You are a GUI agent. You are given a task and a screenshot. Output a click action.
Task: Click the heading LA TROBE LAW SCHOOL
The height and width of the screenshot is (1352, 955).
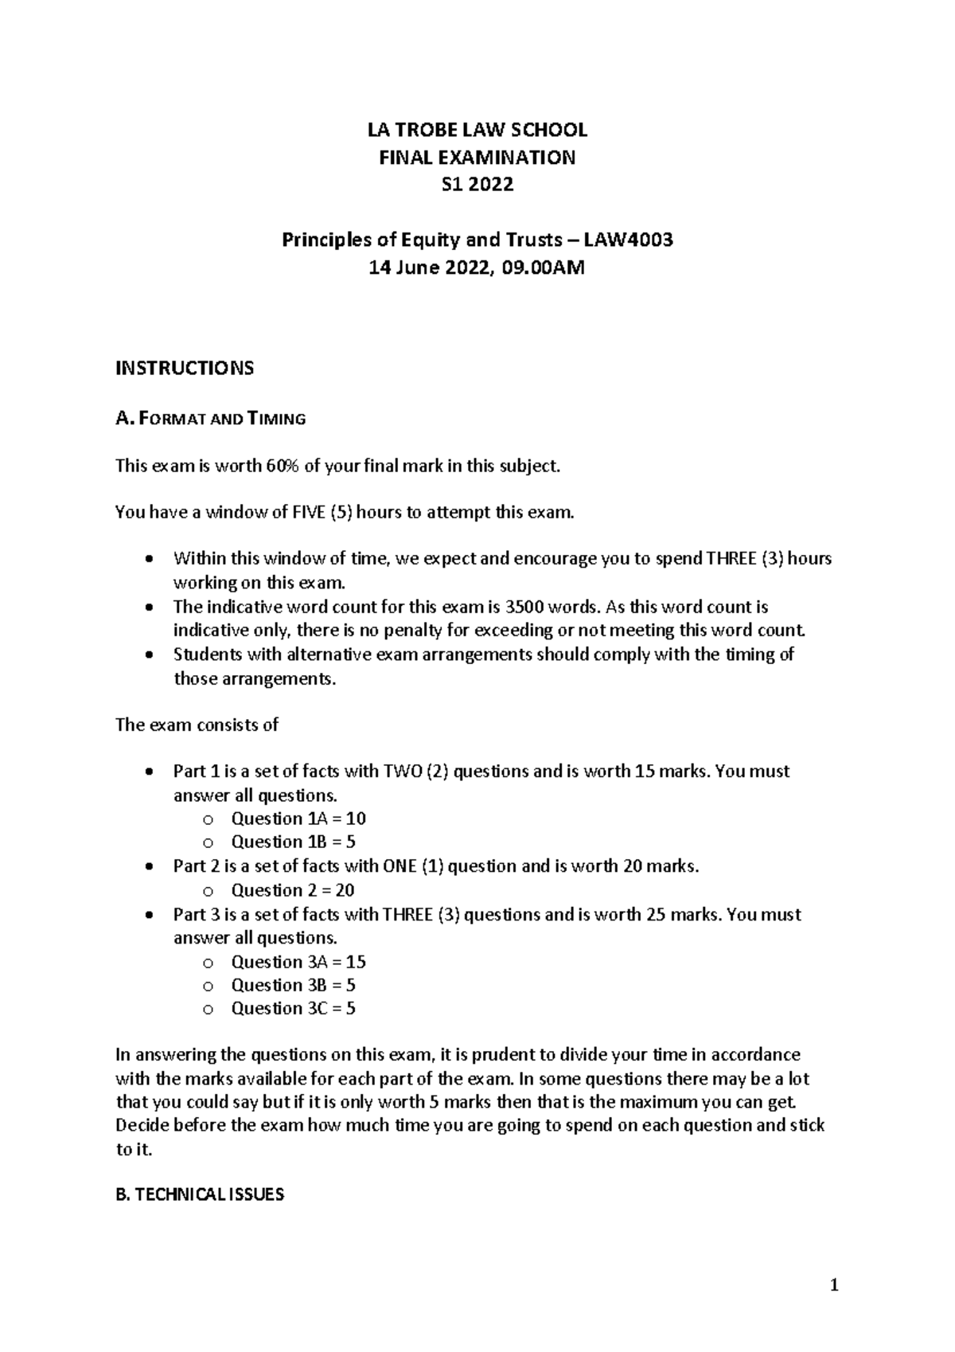(x=477, y=130)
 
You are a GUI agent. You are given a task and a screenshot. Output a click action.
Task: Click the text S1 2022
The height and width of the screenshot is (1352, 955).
(x=477, y=185)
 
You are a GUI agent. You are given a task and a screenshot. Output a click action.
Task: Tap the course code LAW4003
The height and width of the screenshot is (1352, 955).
(x=629, y=240)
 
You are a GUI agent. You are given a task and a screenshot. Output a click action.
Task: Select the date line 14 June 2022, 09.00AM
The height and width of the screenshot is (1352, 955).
(x=477, y=268)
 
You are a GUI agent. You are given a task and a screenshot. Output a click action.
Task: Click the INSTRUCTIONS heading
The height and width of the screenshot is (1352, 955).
(x=185, y=368)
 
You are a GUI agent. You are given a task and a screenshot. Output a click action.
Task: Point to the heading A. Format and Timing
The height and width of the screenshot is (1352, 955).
(x=211, y=419)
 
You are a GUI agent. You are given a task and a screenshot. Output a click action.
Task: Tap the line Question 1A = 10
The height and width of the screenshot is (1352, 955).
(x=298, y=819)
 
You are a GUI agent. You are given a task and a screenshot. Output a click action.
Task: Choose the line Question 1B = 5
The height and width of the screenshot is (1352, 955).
(x=293, y=842)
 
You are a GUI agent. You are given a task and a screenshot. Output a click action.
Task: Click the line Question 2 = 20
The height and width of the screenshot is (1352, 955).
(x=292, y=890)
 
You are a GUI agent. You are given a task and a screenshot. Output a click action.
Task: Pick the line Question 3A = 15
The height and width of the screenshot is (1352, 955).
(x=298, y=962)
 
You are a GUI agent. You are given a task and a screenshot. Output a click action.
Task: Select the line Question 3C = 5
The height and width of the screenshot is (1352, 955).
(x=293, y=1009)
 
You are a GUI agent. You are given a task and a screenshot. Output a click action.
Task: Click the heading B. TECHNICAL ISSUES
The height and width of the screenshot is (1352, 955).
(x=200, y=1195)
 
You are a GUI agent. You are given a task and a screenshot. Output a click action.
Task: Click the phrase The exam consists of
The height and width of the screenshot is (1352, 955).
(x=197, y=725)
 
